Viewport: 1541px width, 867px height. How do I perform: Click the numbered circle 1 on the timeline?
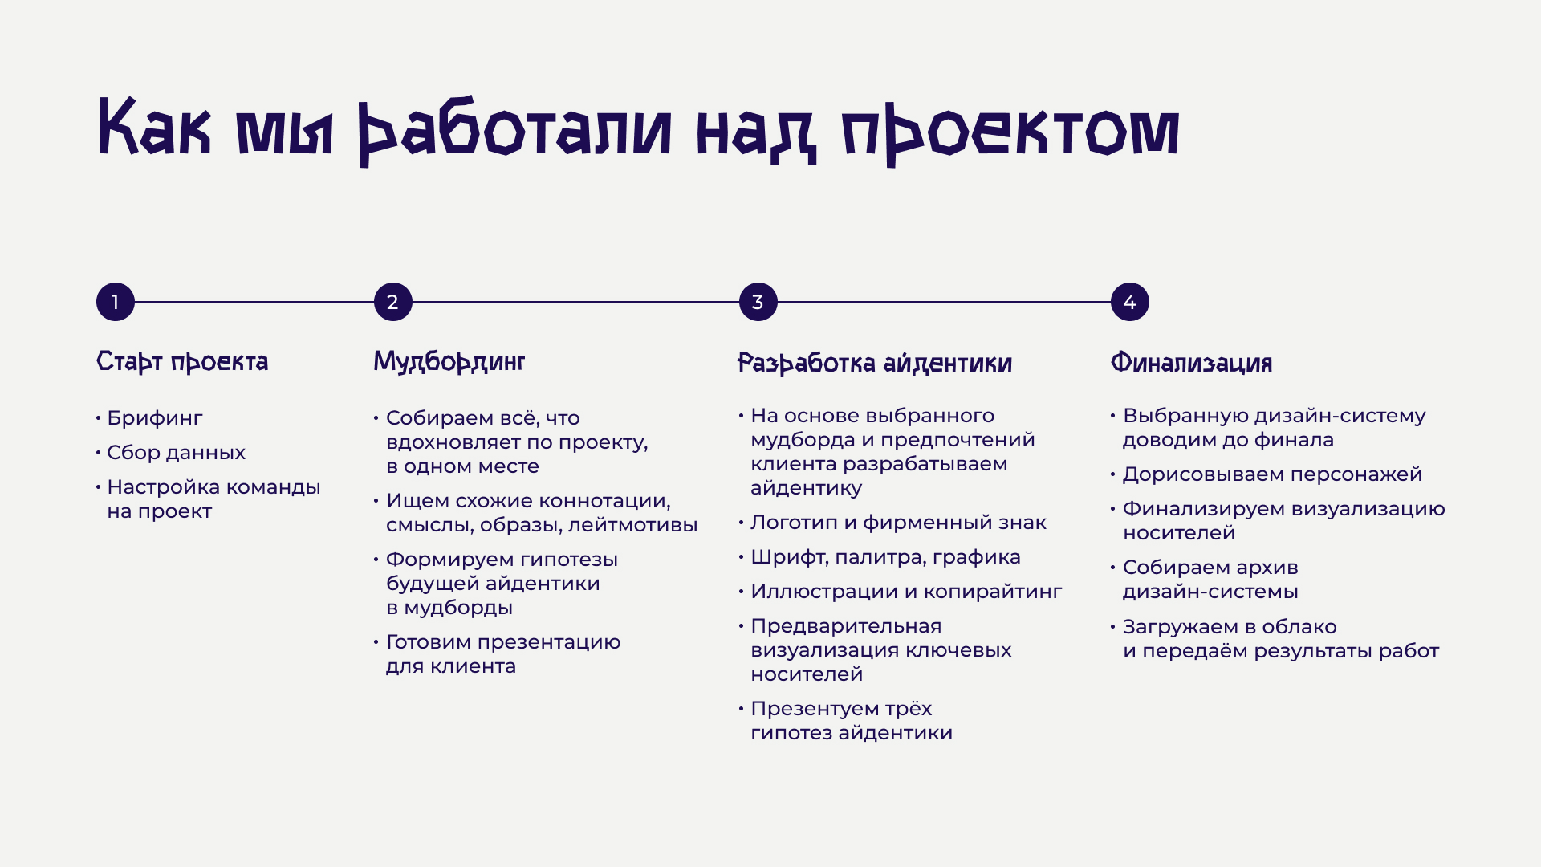(x=116, y=302)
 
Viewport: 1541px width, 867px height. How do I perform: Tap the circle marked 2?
(x=392, y=302)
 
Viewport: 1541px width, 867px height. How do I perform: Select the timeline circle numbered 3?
(x=758, y=302)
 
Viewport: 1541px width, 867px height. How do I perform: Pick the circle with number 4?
(x=1129, y=302)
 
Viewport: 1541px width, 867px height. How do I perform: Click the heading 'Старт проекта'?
(x=182, y=362)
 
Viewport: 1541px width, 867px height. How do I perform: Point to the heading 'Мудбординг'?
(x=449, y=362)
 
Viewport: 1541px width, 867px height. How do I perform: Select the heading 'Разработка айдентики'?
(x=874, y=364)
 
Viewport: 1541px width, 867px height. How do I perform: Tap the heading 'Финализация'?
(x=1191, y=364)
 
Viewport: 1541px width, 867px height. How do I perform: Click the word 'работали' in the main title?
(x=514, y=131)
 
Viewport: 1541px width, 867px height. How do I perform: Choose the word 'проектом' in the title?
(x=1010, y=131)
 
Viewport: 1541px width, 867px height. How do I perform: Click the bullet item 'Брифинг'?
(x=155, y=418)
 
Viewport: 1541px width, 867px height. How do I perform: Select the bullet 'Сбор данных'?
(x=176, y=453)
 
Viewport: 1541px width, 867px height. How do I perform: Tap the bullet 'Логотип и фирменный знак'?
(x=898, y=523)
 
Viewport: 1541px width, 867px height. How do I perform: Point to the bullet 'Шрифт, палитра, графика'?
(x=885, y=557)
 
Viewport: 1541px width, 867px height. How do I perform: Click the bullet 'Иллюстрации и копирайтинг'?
(x=906, y=592)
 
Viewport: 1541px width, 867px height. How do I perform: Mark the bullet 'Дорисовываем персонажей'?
(x=1272, y=474)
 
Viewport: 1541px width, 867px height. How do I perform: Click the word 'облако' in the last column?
(x=1299, y=627)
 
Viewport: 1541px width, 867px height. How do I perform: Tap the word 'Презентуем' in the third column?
(x=807, y=709)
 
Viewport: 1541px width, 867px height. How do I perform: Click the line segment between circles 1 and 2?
(x=254, y=302)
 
